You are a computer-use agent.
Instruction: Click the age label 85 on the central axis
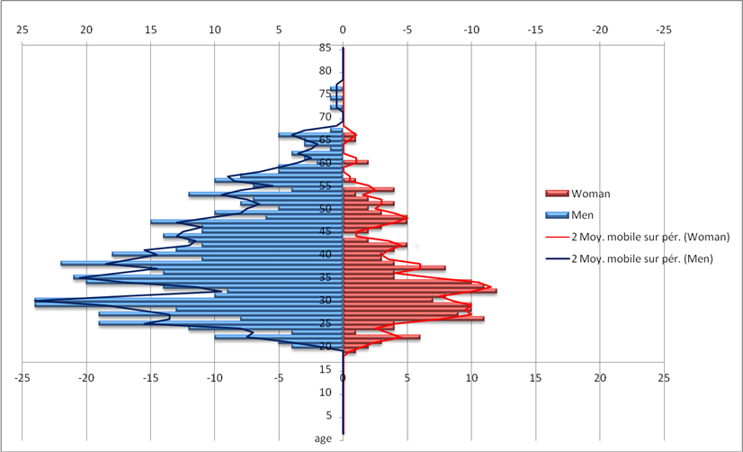coord(325,48)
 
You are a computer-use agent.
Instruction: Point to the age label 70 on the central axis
coord(325,117)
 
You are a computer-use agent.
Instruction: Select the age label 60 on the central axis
coord(325,163)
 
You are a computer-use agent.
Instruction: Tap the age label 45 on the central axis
coord(325,231)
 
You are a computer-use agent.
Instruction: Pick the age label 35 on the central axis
coord(325,277)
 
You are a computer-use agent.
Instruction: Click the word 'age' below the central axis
coord(324,438)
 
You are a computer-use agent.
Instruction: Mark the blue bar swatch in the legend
coord(553,215)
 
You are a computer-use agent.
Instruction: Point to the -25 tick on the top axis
coord(664,29)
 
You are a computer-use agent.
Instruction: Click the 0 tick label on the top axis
coord(343,29)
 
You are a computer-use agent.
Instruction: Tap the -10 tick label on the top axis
coord(471,29)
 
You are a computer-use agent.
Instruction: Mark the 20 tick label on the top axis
coord(87,29)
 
